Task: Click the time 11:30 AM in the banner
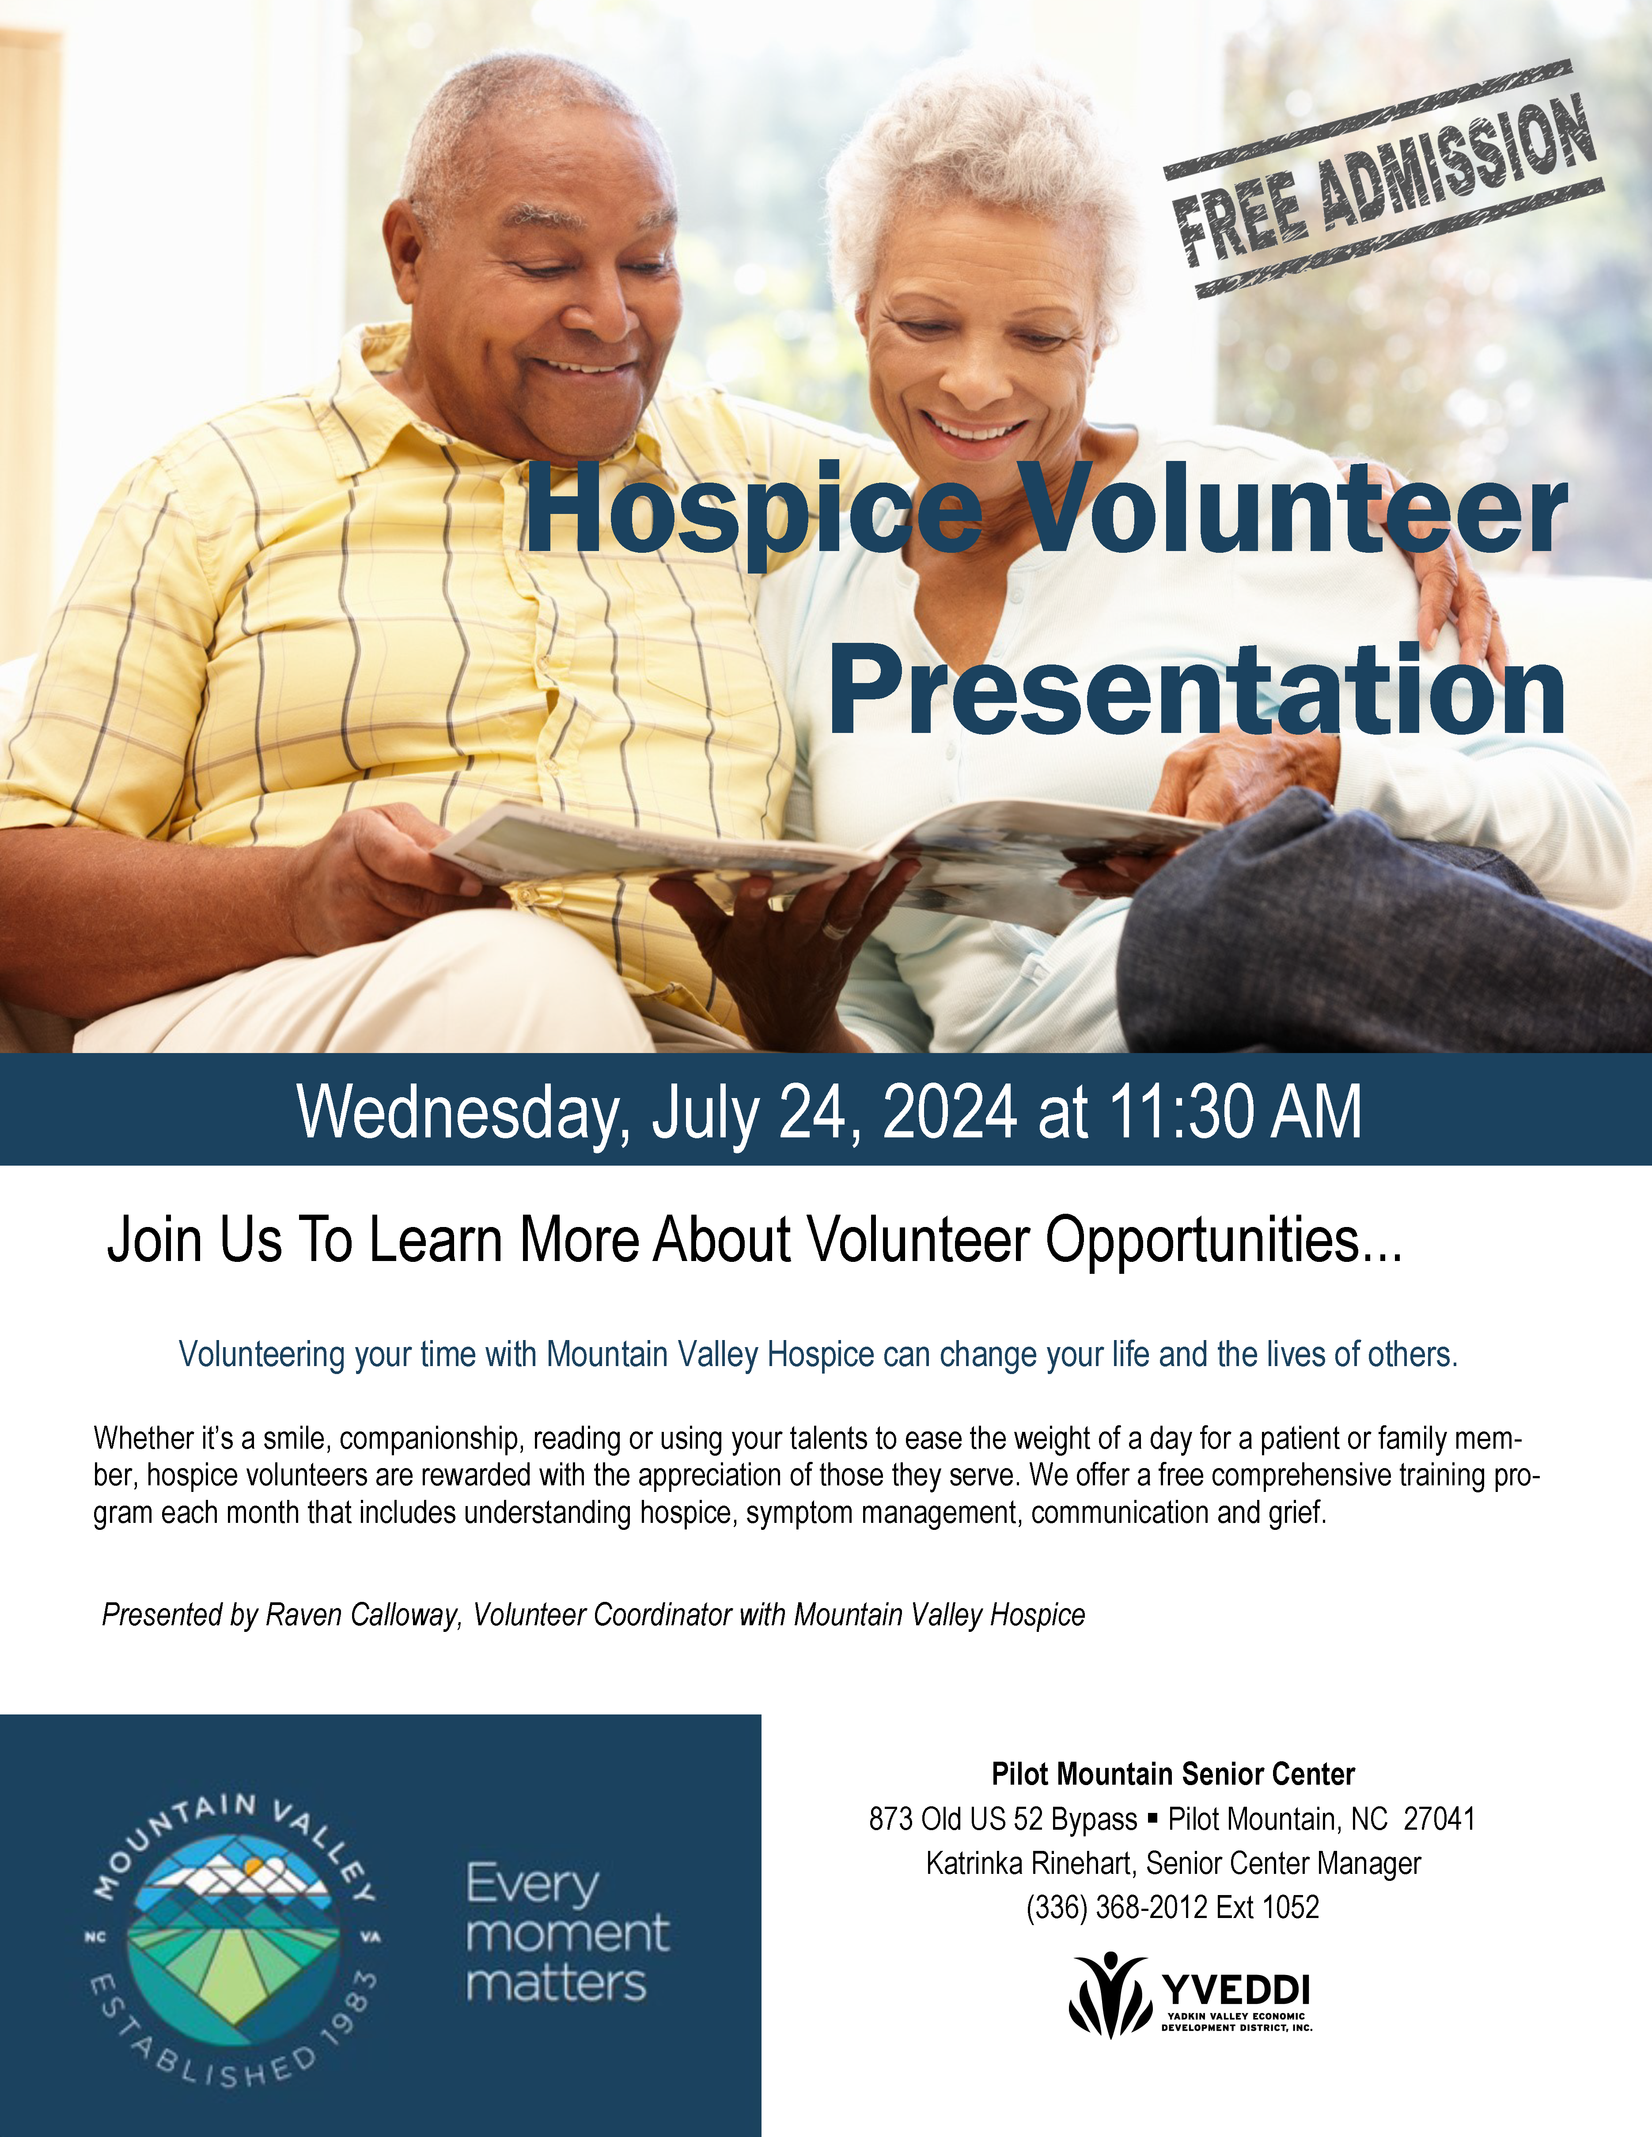1235,1112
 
